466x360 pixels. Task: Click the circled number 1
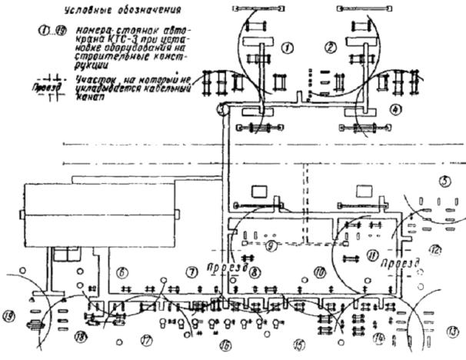point(288,48)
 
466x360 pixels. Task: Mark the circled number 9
point(270,247)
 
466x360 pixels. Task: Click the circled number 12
point(434,249)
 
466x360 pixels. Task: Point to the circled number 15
point(298,344)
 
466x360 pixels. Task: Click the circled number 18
point(80,336)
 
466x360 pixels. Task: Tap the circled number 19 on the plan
point(9,315)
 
